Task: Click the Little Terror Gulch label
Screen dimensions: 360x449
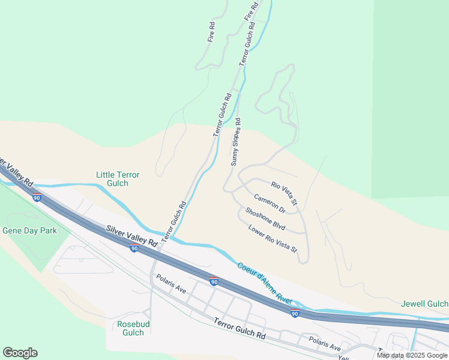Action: pos(118,179)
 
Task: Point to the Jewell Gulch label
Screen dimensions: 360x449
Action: pos(424,304)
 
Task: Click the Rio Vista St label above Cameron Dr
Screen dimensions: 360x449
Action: pos(284,193)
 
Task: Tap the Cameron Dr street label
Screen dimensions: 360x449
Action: pos(269,203)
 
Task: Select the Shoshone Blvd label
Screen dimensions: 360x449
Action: pos(265,218)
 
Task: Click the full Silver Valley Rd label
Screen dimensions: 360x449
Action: pos(132,236)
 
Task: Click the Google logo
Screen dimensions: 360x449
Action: pos(20,353)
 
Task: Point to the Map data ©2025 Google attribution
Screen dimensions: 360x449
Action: pos(412,355)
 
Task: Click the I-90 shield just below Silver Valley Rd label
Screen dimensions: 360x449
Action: pos(134,248)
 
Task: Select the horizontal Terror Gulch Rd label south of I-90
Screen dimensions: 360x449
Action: pos(240,329)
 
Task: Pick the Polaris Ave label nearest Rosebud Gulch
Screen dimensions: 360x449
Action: pos(171,284)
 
